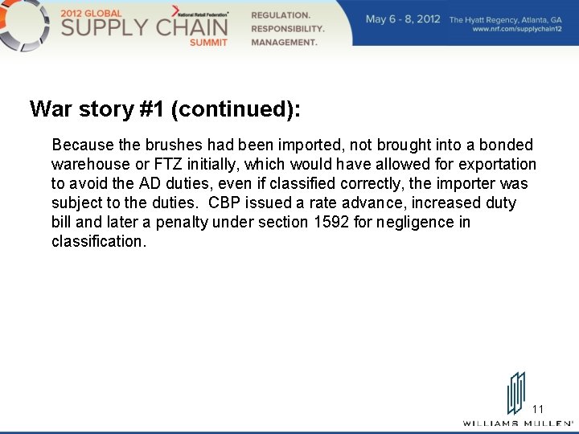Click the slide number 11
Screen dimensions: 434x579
(x=538, y=409)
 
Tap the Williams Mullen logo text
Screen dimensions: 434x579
(x=518, y=423)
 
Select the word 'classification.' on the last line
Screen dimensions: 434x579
(x=99, y=241)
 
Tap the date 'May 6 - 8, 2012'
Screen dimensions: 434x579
(x=403, y=18)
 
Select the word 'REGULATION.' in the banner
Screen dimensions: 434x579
(x=281, y=15)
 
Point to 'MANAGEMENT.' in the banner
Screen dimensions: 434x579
(x=284, y=43)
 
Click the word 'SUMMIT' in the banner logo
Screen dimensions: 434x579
(x=209, y=42)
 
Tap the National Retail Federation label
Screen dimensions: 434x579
(x=204, y=14)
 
